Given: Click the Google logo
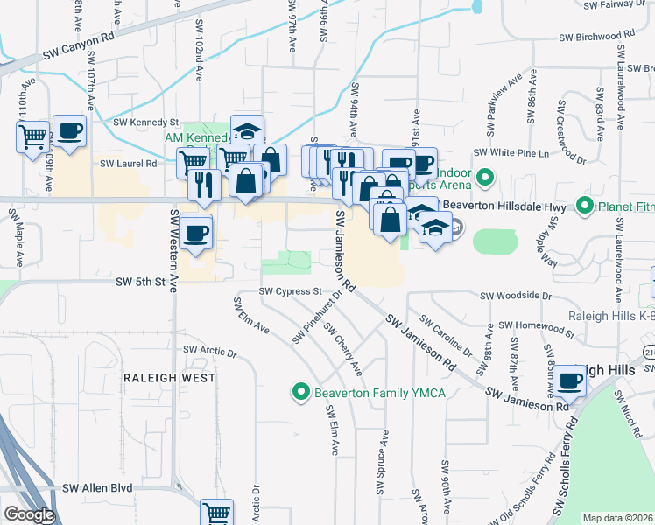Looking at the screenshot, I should (29, 514).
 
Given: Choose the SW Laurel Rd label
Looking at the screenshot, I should (128, 163).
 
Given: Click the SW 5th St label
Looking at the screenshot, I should (140, 283).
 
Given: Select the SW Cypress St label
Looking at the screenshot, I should (292, 291).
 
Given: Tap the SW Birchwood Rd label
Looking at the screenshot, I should (596, 37).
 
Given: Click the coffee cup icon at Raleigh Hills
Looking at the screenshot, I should (570, 381).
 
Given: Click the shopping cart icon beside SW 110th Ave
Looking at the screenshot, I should (32, 136).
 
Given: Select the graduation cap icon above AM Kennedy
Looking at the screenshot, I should (248, 130).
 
